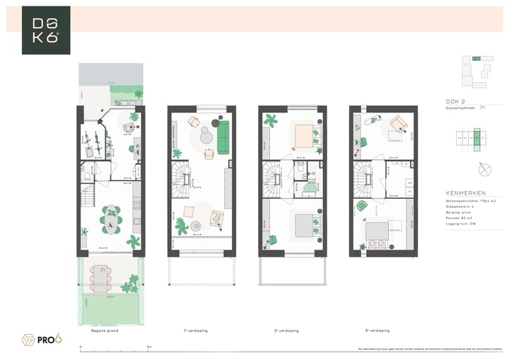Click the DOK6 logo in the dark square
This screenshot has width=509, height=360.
[x=46, y=30]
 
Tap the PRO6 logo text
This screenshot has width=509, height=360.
[x=48, y=339]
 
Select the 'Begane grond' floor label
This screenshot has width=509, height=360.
[x=105, y=330]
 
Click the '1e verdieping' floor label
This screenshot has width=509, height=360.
[x=195, y=330]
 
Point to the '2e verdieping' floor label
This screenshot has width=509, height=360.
[x=285, y=330]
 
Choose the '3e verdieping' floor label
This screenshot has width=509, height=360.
[x=376, y=330]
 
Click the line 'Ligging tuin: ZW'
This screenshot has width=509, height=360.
[x=461, y=223]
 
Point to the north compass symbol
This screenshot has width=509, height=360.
[x=484, y=170]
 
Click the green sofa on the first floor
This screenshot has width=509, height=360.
[x=223, y=137]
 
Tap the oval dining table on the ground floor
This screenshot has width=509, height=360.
[x=111, y=219]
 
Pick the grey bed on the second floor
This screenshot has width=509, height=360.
[x=307, y=225]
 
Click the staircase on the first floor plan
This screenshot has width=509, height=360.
[x=182, y=180]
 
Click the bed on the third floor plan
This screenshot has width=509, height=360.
[x=378, y=231]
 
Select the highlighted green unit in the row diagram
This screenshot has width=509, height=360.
[x=477, y=138]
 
